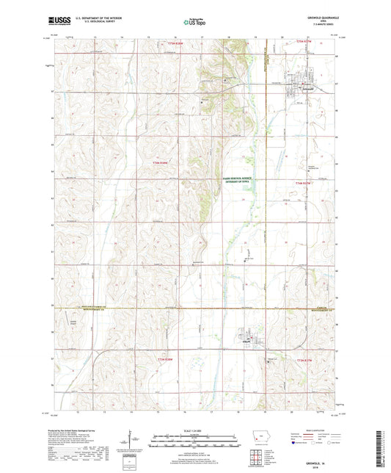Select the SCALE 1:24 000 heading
coord(195,430)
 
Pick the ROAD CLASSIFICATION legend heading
coord(315,430)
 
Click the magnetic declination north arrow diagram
coord(130,441)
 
